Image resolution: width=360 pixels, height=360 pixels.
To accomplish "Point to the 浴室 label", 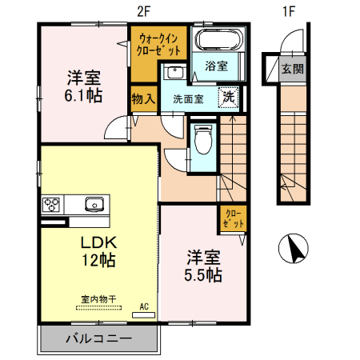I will coord(217,66).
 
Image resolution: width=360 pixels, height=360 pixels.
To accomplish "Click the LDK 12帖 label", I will coord(97,250).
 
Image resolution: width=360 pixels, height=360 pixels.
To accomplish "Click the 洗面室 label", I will coord(189,100).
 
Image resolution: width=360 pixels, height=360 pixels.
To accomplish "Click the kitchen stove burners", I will coord(52,203).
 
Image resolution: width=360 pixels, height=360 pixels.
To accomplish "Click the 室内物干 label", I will coord(98,299).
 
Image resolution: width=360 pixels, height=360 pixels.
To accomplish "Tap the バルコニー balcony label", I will coord(98,339).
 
